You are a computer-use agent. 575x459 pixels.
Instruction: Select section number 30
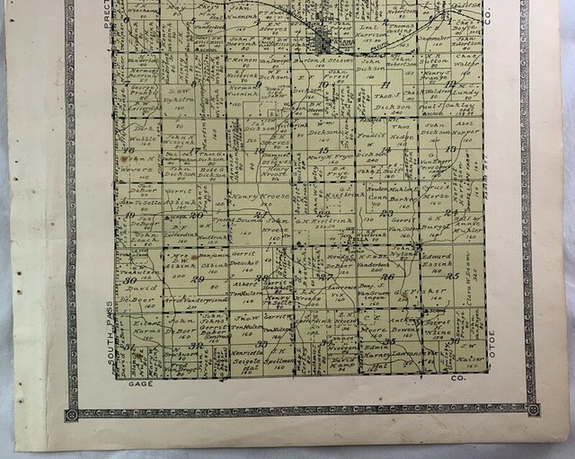point(131,280)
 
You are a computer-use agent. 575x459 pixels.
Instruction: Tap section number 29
point(199,280)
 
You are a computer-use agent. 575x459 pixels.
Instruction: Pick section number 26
point(388,277)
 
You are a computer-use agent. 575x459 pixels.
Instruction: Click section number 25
point(453,276)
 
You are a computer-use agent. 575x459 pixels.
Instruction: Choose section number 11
point(385,85)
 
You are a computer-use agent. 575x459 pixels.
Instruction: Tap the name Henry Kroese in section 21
point(258,195)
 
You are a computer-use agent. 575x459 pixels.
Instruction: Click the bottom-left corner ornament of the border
point(71,415)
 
